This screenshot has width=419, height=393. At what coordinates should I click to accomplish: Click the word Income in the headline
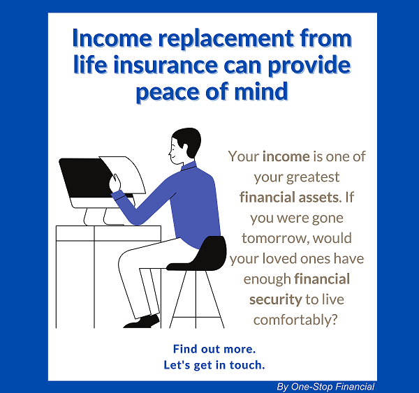coord(112,38)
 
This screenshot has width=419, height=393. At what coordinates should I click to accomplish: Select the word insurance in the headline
coord(166,65)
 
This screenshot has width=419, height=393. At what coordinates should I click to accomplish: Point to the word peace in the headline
coord(168,92)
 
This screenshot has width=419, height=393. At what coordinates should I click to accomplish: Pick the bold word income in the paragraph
coord(286,156)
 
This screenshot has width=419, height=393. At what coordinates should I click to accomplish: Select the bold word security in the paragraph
coord(276,299)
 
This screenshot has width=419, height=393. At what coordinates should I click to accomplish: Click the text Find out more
coord(214,349)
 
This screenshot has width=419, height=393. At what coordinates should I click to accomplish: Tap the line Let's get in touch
coord(214,365)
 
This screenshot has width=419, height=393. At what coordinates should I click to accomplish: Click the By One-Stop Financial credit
coord(325,387)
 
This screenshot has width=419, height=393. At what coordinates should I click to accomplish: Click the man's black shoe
coord(142,322)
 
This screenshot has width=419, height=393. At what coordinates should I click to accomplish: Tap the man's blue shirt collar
coord(189,166)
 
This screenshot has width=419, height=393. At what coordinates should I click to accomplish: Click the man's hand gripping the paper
coord(115,183)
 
